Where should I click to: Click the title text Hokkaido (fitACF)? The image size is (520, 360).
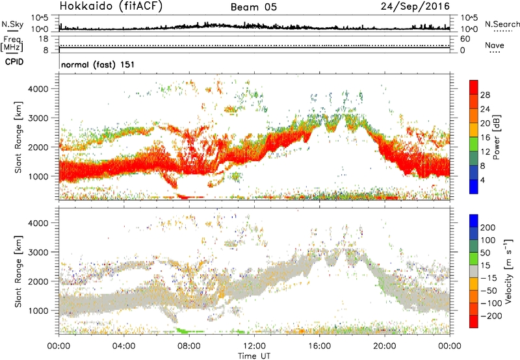tap(111, 7)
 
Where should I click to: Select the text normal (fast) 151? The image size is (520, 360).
tap(93, 64)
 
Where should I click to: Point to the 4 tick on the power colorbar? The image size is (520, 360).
tap(485, 179)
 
